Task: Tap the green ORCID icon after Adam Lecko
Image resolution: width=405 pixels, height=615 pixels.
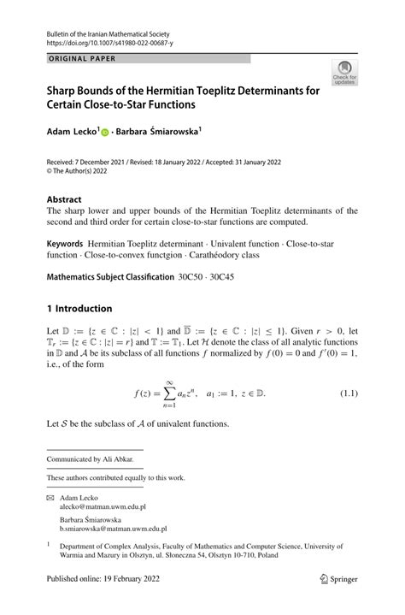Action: [x=105, y=133]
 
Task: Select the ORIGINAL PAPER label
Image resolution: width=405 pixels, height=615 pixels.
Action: [x=82, y=58]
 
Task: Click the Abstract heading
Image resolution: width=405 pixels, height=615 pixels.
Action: [x=64, y=198]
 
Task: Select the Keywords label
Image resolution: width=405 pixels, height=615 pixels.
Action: [x=67, y=245]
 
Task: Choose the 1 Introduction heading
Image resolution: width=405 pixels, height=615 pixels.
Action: [x=79, y=308]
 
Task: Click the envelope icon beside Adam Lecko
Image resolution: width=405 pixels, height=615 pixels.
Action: [x=50, y=496]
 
